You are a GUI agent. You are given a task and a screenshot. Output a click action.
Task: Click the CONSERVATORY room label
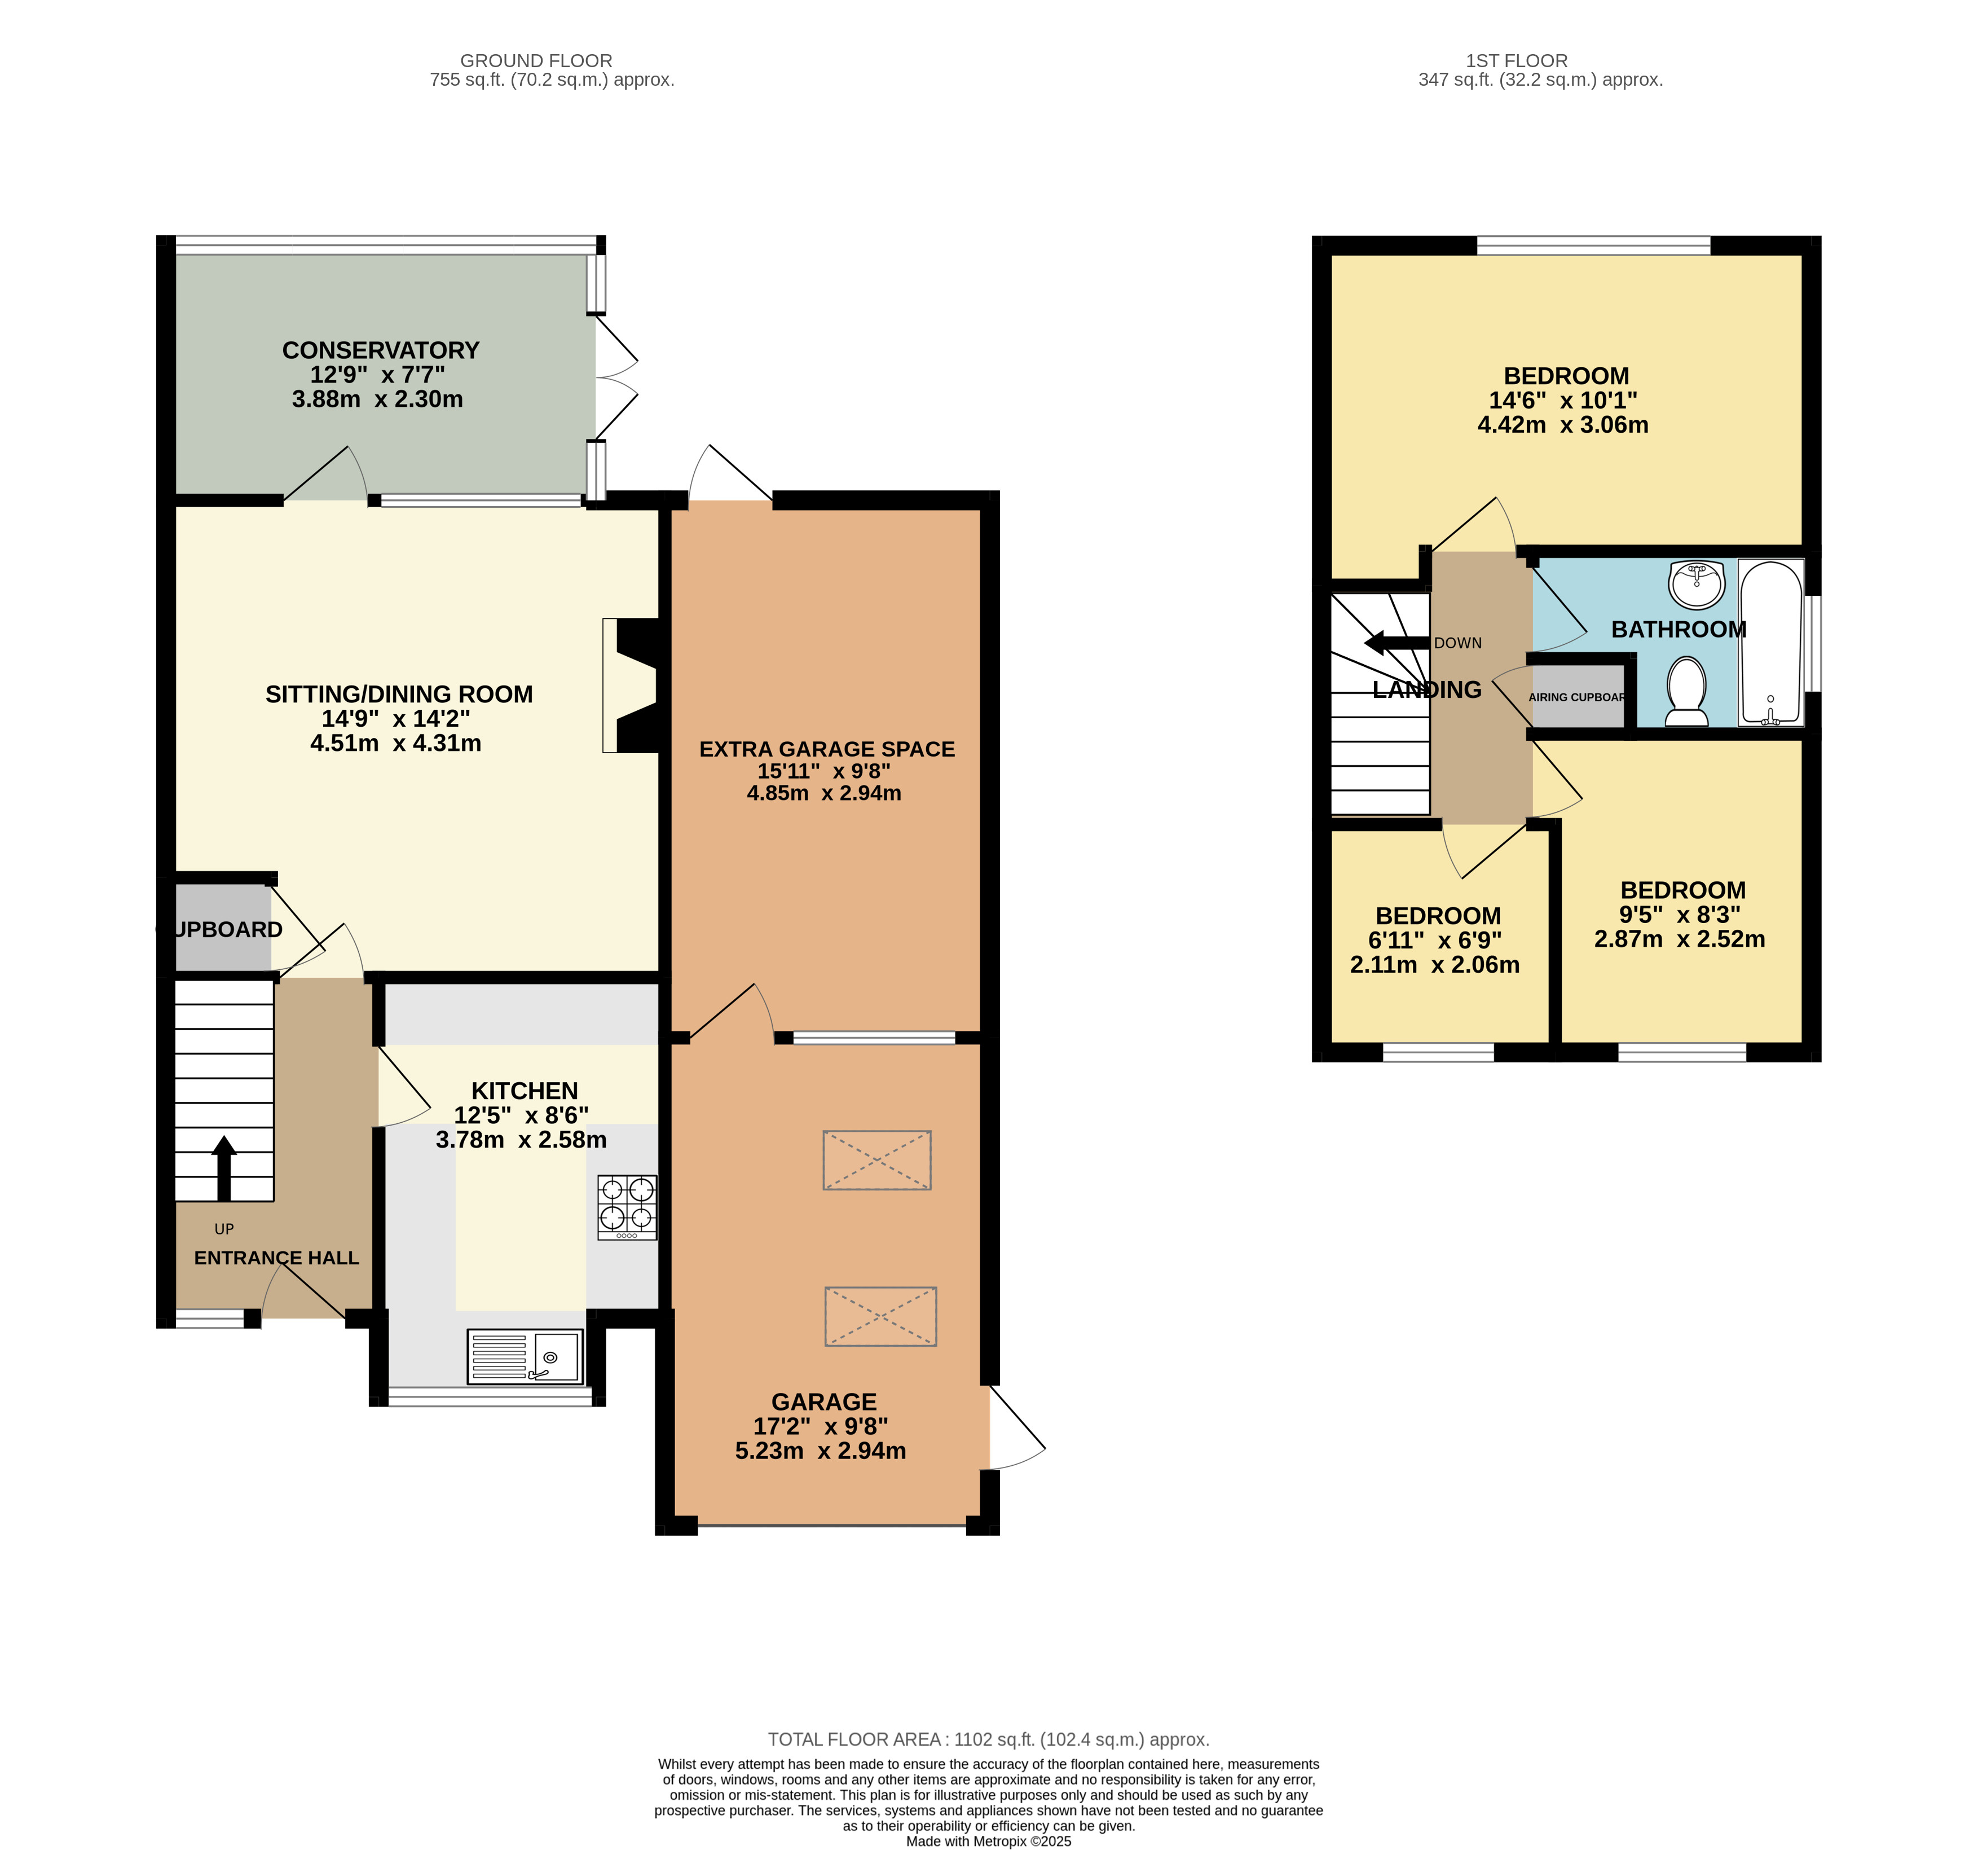pos(381,350)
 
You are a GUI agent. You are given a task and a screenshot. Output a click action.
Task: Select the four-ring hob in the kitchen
pos(627,1207)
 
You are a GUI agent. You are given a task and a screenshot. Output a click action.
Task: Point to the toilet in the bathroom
pos(1686,692)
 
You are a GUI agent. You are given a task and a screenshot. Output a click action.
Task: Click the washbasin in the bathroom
pos(1698,583)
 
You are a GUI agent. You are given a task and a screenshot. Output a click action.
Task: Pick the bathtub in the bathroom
pos(1771,642)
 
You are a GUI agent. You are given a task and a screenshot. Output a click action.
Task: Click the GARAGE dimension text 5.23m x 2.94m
pos(821,1451)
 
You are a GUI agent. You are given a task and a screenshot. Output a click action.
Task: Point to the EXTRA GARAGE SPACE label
pos(827,749)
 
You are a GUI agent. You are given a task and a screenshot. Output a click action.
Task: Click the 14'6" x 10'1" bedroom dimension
pos(1563,400)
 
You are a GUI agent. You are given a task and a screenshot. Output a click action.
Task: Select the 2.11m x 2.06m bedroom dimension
pos(1435,964)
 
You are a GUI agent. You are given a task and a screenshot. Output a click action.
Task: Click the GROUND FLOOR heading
pos(536,61)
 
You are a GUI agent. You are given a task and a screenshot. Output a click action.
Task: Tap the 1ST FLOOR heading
pos(1516,61)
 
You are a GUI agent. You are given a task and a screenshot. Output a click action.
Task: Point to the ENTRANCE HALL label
pos(276,1258)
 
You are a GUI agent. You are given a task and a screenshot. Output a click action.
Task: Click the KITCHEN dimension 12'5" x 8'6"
pos(521,1115)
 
